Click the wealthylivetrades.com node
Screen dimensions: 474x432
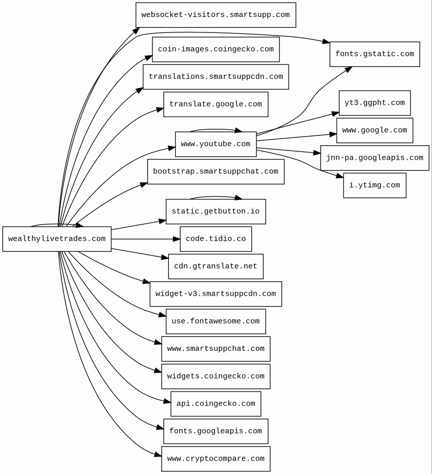pyautogui.click(x=57, y=239)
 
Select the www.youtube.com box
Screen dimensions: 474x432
pyautogui.click(x=215, y=144)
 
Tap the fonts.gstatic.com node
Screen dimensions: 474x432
pyautogui.click(x=374, y=54)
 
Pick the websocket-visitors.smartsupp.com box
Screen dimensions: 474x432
pyautogui.click(x=215, y=15)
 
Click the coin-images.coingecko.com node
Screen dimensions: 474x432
pyautogui.click(x=215, y=49)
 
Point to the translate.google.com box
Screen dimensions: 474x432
pyautogui.click(x=215, y=105)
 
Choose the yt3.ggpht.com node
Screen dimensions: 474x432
pyautogui.click(x=374, y=103)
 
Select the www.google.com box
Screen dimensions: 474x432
pyautogui.click(x=374, y=130)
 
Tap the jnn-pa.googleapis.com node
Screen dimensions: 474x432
pyautogui.click(x=374, y=158)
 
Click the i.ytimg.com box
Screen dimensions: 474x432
pyautogui.click(x=374, y=185)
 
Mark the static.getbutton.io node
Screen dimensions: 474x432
pyautogui.click(x=215, y=212)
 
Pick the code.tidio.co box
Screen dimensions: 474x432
pyautogui.click(x=215, y=239)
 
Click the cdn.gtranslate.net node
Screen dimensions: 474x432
pyautogui.click(x=215, y=266)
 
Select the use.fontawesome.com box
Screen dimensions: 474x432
pyautogui.click(x=215, y=321)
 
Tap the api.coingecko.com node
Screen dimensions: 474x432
pyautogui.click(x=215, y=404)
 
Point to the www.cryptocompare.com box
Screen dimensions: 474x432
pyautogui.click(x=215, y=459)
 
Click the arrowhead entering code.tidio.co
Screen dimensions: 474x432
pyautogui.click(x=177, y=239)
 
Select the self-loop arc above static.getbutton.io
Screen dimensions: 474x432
pyautogui.click(x=215, y=197)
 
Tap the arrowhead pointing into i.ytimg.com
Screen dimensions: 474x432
pyautogui.click(x=340, y=176)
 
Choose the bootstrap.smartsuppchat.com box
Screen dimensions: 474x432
pyautogui.click(x=215, y=172)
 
